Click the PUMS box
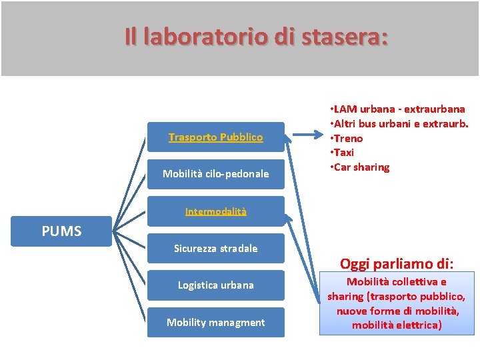(x=61, y=231)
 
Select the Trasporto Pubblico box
(x=215, y=137)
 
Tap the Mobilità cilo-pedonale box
(x=215, y=174)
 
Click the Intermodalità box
(x=215, y=211)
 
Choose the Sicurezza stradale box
(x=215, y=249)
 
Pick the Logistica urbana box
(x=215, y=285)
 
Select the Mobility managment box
(x=215, y=323)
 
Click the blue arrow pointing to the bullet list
(x=308, y=137)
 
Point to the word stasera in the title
(x=344, y=37)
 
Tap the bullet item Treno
(x=348, y=138)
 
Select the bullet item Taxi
(x=345, y=153)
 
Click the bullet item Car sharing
(x=362, y=167)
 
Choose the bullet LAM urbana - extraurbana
(x=399, y=109)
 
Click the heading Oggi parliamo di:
(x=397, y=263)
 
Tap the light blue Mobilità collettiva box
(x=397, y=303)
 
